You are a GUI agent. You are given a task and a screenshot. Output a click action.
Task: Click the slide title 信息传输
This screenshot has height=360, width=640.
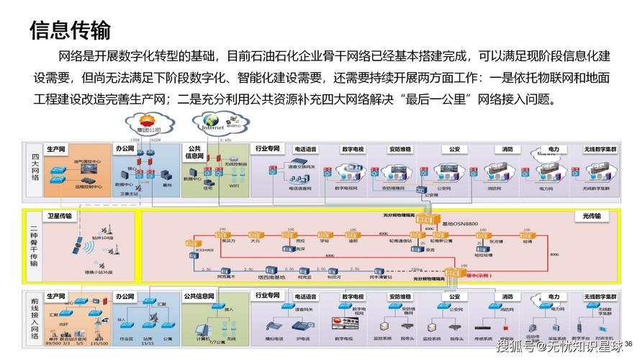pyautogui.click(x=70, y=30)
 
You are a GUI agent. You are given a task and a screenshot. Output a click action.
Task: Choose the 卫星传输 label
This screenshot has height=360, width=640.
pyautogui.click(x=60, y=215)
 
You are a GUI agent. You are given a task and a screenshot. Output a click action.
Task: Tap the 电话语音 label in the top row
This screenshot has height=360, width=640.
pyautogui.click(x=305, y=149)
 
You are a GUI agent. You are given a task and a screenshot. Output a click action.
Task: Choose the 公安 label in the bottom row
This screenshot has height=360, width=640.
pyautogui.click(x=454, y=297)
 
